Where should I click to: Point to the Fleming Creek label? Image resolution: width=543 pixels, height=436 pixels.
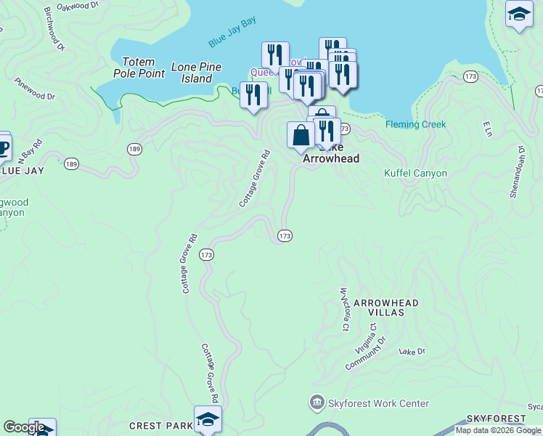(x=415, y=124)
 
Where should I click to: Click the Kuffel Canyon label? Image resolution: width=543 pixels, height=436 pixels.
(x=415, y=174)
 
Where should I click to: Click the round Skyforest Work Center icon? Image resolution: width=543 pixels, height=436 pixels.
(x=317, y=402)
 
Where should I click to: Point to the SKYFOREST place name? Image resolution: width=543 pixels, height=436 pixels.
(x=496, y=419)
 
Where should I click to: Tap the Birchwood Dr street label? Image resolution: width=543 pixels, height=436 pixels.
(x=54, y=29)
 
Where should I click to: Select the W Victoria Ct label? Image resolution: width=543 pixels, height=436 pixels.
(x=344, y=308)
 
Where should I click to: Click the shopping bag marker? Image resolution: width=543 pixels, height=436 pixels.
(x=301, y=135)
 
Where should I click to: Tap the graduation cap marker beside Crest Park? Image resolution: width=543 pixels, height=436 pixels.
(x=208, y=419)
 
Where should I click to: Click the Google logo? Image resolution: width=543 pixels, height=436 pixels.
(x=24, y=427)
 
